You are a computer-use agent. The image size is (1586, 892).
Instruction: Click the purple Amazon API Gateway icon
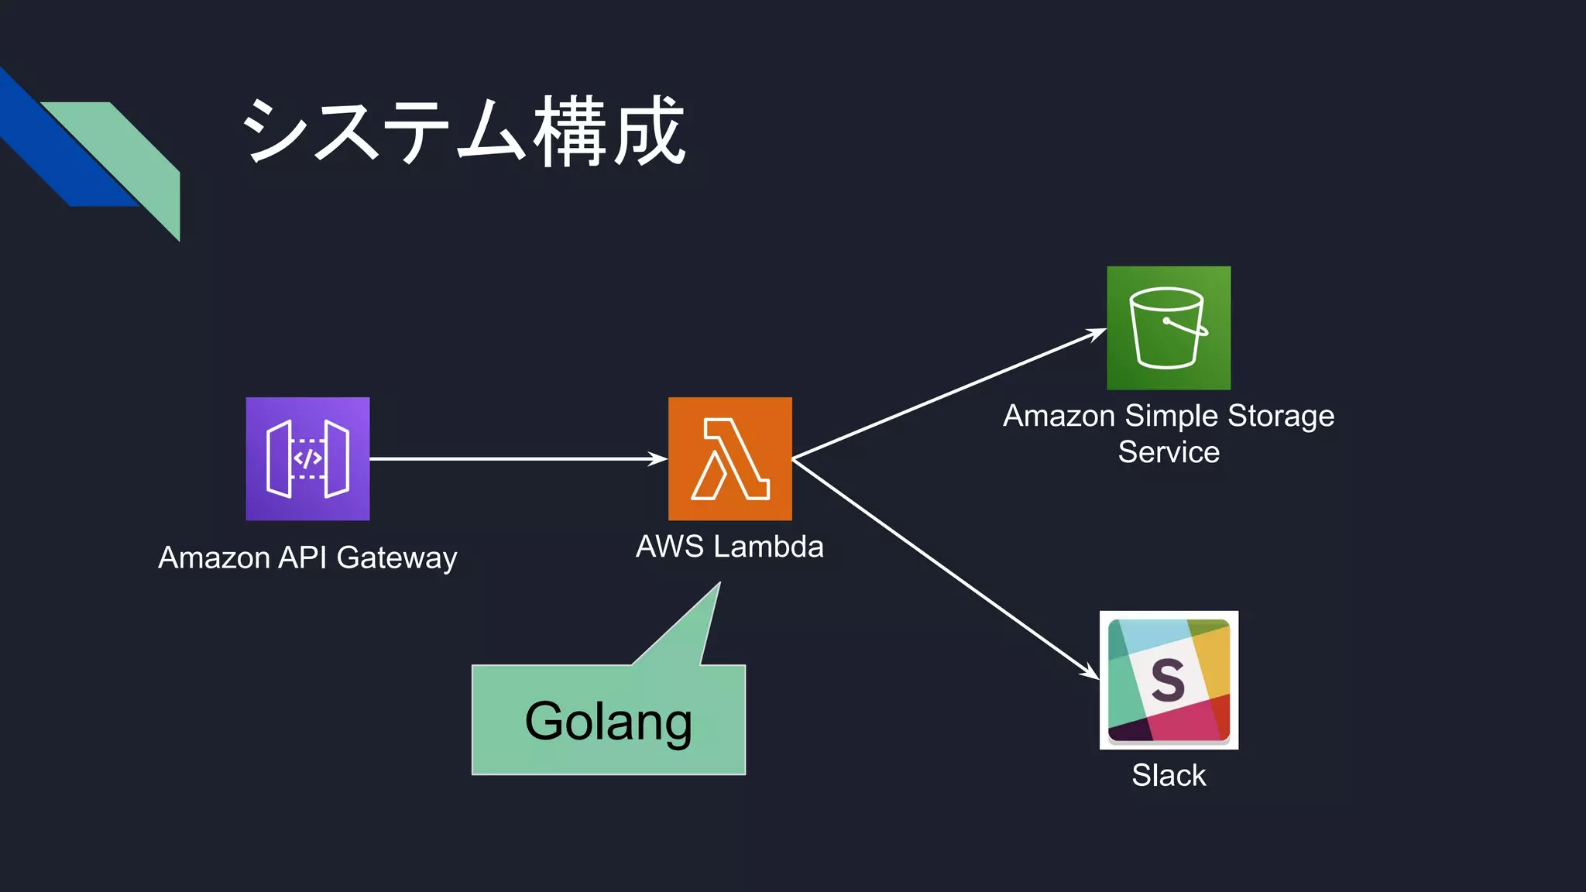coord(307,458)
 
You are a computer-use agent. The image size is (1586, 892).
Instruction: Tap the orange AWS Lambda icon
coord(729,458)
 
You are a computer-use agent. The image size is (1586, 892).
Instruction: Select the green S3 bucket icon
coord(1168,328)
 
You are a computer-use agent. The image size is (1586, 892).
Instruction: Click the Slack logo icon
coord(1169,680)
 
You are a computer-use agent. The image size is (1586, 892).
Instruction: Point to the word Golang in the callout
coord(608,722)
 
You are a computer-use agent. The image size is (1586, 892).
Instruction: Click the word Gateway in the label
coord(396,558)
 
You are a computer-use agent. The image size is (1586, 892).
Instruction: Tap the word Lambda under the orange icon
coord(767,547)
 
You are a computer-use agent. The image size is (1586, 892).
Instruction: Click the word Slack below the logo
coord(1169,775)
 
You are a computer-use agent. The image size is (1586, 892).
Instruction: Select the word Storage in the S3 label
coord(1281,416)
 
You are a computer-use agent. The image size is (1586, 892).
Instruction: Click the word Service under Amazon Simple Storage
coord(1169,451)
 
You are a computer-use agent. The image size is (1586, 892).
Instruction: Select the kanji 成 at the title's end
coord(648,132)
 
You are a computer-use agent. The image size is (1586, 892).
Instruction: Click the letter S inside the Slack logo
coord(1168,680)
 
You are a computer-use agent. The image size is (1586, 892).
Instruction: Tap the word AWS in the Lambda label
coord(669,547)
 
